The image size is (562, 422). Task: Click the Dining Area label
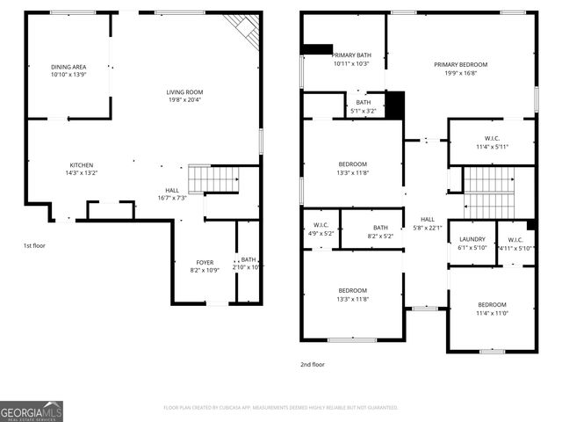68,66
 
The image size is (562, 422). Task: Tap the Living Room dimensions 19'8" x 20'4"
184,99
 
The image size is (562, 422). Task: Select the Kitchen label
82,165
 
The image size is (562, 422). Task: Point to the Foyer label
204,262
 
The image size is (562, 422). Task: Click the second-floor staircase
487,193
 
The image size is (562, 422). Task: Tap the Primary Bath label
350,55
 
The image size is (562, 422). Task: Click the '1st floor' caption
33,246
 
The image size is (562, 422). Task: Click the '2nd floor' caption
313,364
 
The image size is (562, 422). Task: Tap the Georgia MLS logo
31,411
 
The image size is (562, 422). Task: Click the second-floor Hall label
427,219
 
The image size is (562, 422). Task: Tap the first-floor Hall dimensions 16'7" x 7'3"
172,198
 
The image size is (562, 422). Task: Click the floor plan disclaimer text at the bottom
281,407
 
